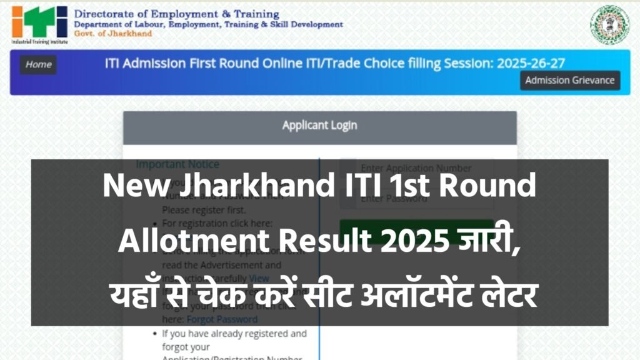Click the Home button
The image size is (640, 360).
[x=38, y=64]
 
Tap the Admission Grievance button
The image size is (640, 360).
[x=569, y=80]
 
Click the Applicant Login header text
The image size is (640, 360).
[x=319, y=125]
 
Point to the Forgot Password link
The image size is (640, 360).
[x=222, y=319]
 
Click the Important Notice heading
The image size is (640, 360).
[x=177, y=164]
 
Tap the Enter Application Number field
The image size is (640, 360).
[x=416, y=168]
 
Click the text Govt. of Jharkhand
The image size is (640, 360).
[x=112, y=33]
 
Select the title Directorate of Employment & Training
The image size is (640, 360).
[x=177, y=14]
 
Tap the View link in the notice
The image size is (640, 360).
[x=259, y=278]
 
